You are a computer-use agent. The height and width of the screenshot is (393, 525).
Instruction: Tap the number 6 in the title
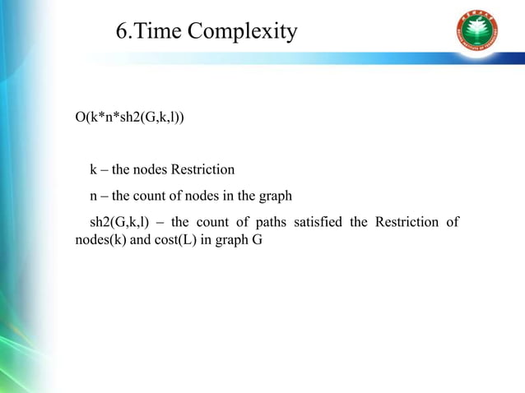(x=122, y=32)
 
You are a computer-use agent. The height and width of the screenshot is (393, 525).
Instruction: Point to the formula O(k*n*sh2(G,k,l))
(x=129, y=118)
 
